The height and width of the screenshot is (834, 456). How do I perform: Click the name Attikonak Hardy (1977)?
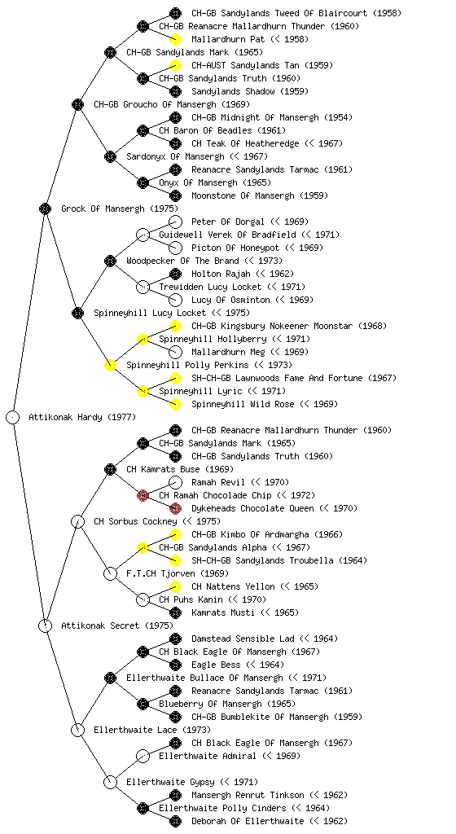[82, 417]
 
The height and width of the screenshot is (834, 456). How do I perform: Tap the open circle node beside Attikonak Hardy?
[13, 417]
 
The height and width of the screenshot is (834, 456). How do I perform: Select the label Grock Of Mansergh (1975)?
[120, 208]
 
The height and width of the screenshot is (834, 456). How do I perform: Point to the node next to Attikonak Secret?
[45, 625]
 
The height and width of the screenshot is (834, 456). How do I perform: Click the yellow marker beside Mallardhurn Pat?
[175, 39]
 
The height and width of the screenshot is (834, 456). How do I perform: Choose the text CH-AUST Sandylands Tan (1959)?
[262, 65]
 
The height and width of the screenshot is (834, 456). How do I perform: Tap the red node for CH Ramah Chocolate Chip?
[142, 495]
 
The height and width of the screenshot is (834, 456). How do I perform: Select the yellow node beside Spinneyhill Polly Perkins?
[110, 365]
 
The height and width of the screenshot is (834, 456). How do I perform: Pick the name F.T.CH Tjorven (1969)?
[178, 573]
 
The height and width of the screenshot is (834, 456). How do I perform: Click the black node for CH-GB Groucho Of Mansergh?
[77, 104]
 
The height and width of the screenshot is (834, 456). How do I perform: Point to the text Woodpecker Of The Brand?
[183, 261]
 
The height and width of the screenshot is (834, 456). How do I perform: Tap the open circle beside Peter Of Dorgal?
[175, 222]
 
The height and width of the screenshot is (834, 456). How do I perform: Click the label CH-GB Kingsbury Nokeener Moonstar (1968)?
[289, 326]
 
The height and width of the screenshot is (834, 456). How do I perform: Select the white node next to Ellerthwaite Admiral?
[142, 756]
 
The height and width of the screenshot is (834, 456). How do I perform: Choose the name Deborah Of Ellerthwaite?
[248, 821]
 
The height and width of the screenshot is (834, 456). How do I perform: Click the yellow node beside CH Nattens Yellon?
[175, 586]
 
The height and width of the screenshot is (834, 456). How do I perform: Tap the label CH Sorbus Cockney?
[135, 521]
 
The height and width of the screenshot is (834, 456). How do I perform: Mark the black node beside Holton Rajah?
[175, 274]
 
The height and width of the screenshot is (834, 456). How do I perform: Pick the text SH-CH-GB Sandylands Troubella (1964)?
[279, 560]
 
